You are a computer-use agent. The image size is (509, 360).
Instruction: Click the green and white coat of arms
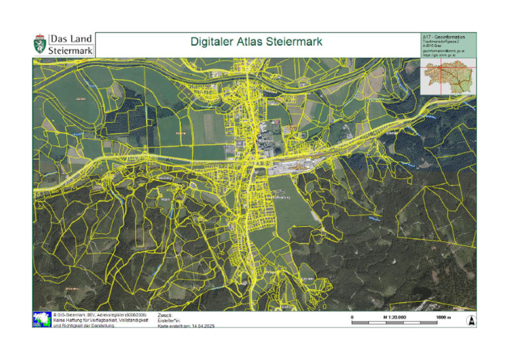(40, 44)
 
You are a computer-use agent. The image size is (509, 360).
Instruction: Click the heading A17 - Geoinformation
(443, 36)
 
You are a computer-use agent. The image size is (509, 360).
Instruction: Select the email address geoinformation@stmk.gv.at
(443, 50)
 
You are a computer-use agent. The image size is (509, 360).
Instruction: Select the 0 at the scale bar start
(352, 318)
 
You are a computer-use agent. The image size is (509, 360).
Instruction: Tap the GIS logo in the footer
(41, 319)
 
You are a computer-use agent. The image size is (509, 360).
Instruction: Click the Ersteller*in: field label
(170, 320)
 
